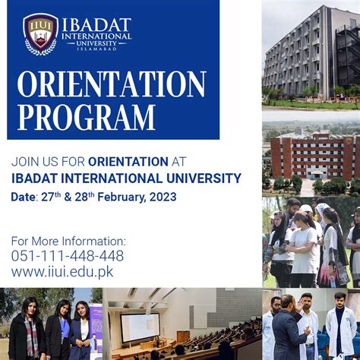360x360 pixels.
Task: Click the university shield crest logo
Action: coord(40,34)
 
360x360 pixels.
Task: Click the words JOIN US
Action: coord(36,161)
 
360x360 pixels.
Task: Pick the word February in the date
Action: coord(119,197)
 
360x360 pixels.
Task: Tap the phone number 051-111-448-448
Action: coord(67,255)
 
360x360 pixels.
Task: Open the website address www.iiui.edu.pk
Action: coord(62,271)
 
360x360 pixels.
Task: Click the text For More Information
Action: coord(68,241)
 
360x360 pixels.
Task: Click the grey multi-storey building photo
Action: coord(311,53)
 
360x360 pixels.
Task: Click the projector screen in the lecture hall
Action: coord(140,327)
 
